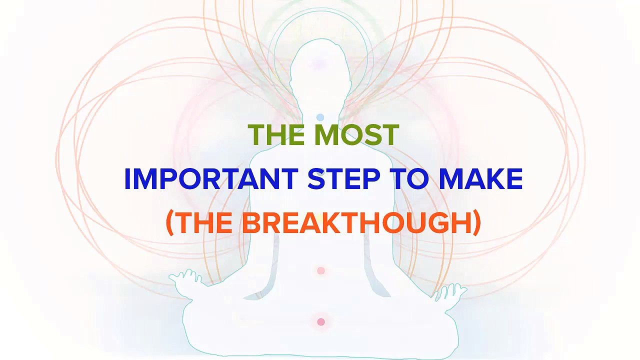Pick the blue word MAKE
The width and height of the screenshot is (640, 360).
(x=480, y=179)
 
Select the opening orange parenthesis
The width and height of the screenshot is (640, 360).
(x=169, y=223)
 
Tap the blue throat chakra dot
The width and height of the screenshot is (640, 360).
(x=320, y=117)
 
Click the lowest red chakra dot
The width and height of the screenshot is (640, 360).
(x=321, y=322)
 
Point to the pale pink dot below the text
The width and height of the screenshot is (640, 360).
(x=321, y=270)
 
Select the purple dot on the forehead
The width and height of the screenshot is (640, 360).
(x=318, y=64)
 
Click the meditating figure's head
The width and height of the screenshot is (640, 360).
(x=318, y=70)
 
